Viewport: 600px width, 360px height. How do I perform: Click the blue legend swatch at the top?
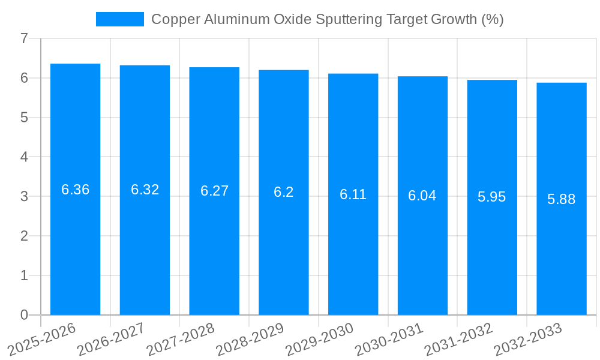pos(120,19)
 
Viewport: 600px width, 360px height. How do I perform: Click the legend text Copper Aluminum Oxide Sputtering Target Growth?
pos(327,19)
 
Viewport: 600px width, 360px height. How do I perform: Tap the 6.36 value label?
pos(76,190)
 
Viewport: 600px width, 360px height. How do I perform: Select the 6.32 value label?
pos(145,190)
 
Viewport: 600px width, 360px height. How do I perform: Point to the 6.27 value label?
pos(214,191)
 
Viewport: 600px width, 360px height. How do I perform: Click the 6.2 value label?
pos(284,192)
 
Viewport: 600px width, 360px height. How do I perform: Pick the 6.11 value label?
pos(353,194)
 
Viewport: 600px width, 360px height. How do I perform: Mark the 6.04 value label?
pos(422,196)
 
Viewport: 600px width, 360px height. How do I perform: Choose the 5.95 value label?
pos(492,197)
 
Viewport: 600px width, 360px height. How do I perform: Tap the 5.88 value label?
pos(562,199)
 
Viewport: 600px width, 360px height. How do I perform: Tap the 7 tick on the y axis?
pos(24,39)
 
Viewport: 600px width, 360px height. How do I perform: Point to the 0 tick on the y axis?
pos(24,315)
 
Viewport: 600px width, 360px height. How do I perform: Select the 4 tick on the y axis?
pos(24,157)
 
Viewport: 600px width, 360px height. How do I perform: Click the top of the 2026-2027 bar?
pos(145,65)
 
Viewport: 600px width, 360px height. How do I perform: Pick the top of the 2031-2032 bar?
pos(492,80)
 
